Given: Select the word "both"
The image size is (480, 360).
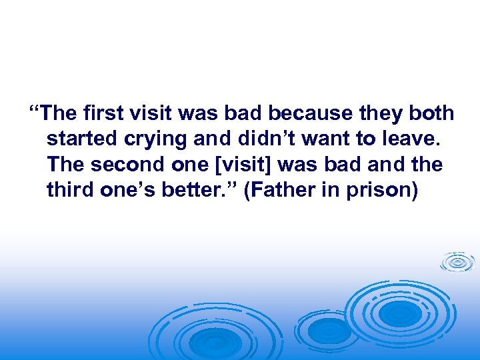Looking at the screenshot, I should coord(431,113).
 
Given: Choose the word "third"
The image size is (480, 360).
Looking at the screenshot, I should coord(70,191).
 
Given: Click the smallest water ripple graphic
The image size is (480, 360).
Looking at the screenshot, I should coord(457,262).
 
